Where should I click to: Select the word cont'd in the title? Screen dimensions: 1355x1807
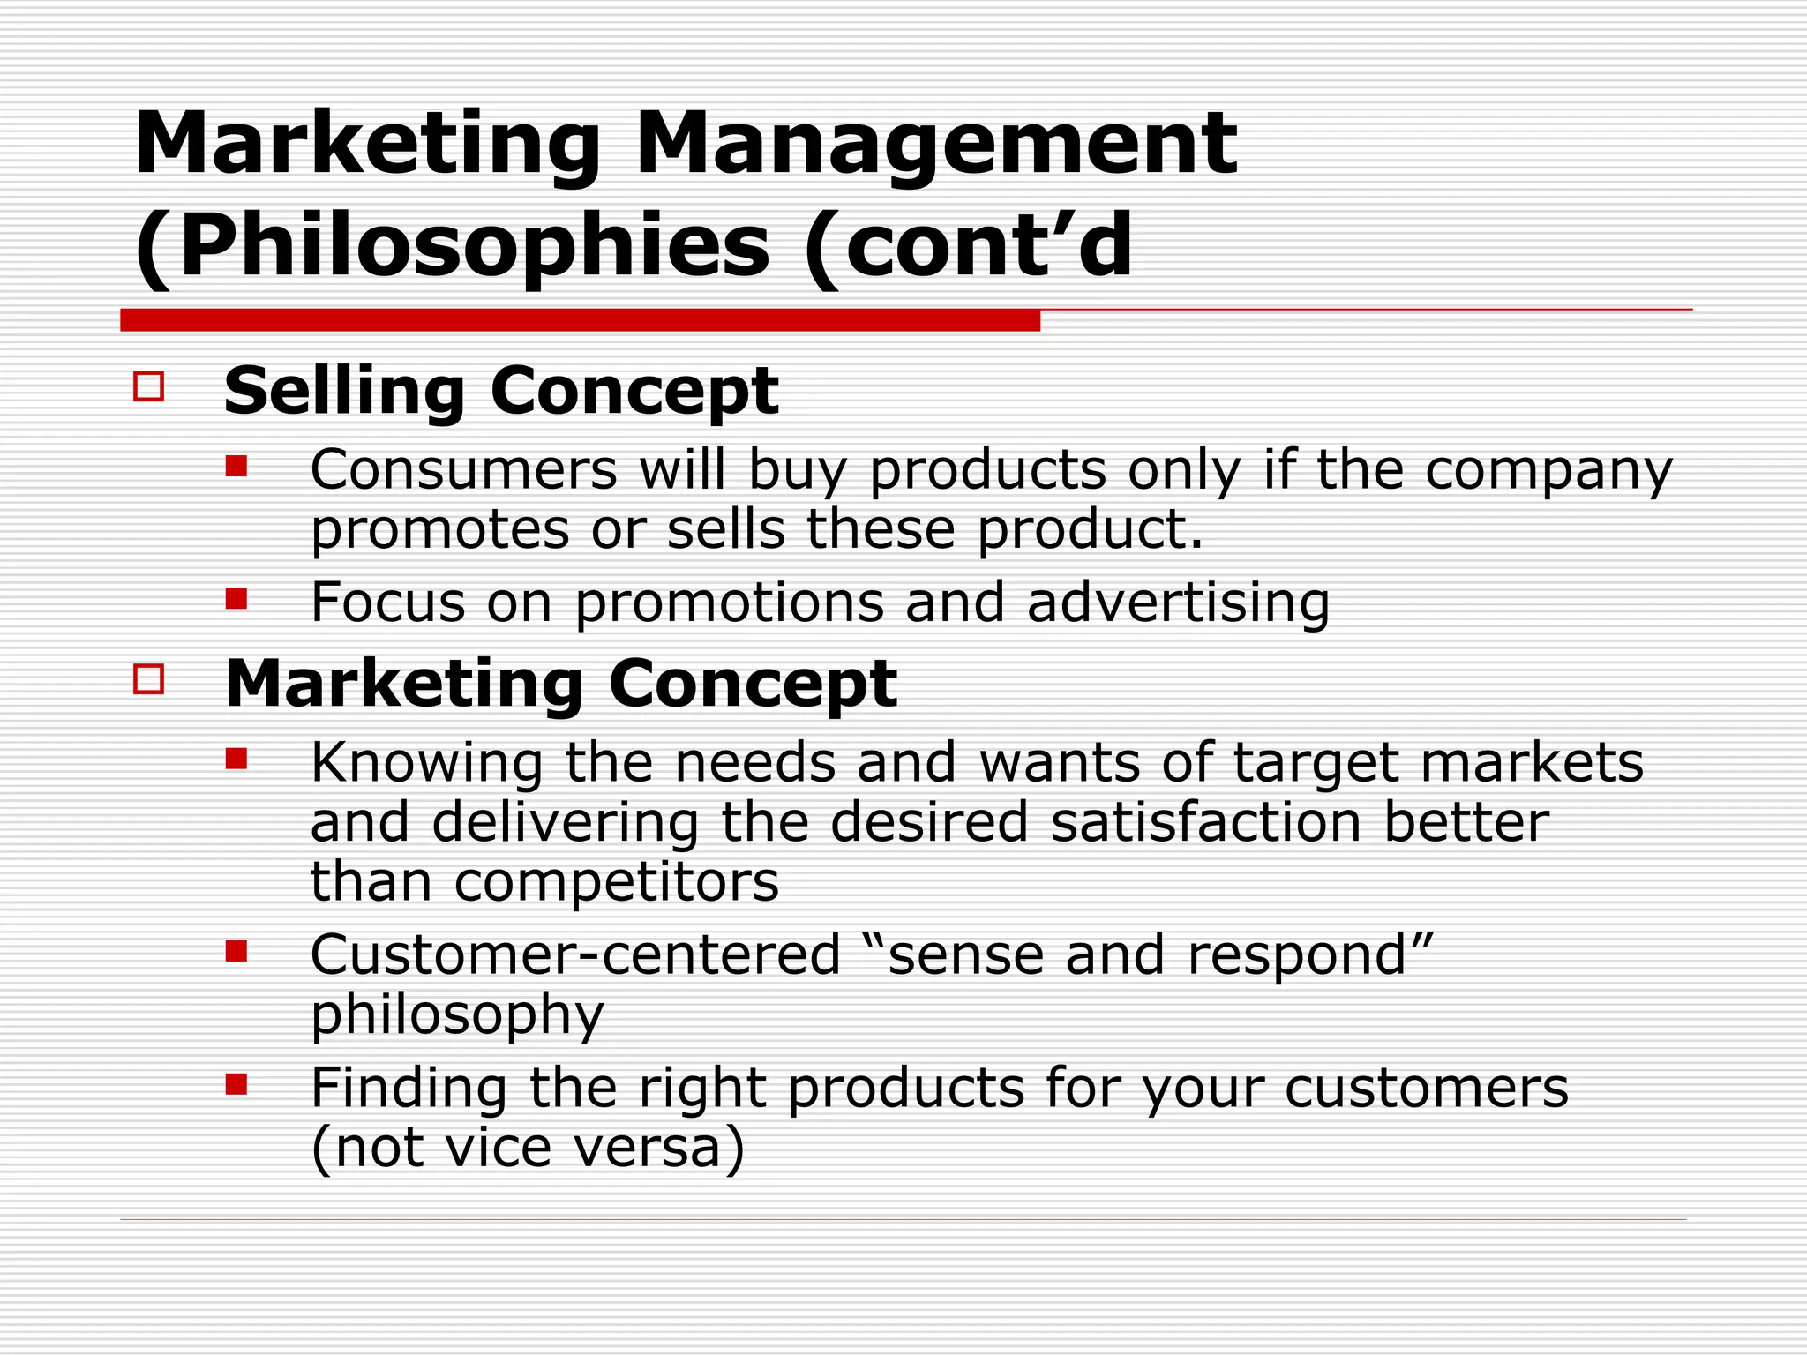pos(988,247)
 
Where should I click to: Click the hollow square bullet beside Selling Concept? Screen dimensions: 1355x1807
pos(148,386)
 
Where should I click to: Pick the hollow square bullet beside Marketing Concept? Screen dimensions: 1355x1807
pos(148,678)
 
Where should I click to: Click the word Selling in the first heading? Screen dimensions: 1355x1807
pos(344,391)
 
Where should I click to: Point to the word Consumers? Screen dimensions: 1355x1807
pos(463,469)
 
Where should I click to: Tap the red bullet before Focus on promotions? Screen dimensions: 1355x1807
pos(236,599)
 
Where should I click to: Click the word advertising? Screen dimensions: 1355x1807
pos(1178,603)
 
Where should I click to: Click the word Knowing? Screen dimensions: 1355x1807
pos(426,763)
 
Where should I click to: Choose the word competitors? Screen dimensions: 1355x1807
pos(617,881)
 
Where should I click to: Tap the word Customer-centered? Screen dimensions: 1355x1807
pos(575,954)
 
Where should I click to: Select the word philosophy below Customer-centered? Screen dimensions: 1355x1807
pos(457,1014)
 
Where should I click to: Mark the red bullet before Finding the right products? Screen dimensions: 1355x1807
pos(236,1083)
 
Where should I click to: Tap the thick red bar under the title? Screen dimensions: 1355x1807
pos(580,320)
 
